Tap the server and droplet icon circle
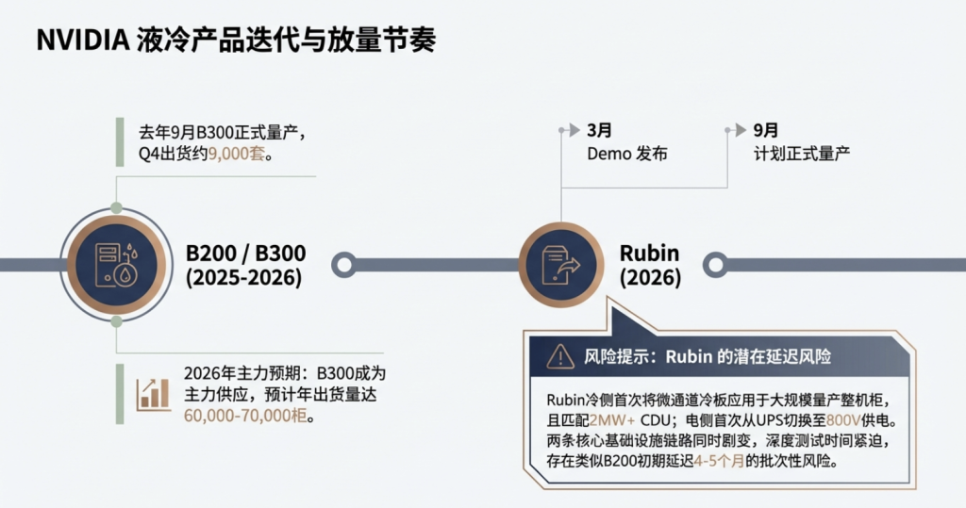pyautogui.click(x=116, y=263)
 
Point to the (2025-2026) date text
pyautogui.click(x=243, y=278)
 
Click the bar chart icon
pyautogui.click(x=153, y=393)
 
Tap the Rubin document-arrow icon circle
pyautogui.click(x=560, y=263)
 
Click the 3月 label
pyautogui.click(x=599, y=130)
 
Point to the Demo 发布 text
pyautogui.click(x=626, y=153)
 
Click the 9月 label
pyautogui.click(x=766, y=130)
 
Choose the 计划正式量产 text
pyautogui.click(x=801, y=153)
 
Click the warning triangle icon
pyautogui.click(x=560, y=355)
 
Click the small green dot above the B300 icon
pyautogui.click(x=116, y=207)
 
